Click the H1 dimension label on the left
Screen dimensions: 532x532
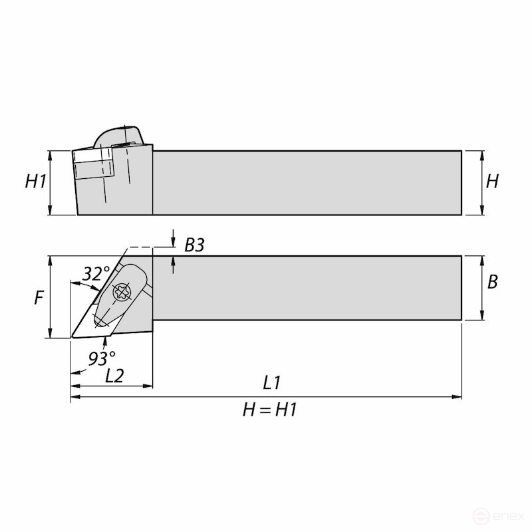coord(35,182)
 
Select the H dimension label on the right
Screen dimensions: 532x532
coord(492,182)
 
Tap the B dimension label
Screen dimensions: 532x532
coord(492,282)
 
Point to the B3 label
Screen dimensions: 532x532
coord(194,245)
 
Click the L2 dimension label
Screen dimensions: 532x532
coord(115,376)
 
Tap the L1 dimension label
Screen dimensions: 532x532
coord(272,383)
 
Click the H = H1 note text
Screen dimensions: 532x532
coord(270,410)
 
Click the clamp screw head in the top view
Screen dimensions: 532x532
coord(122,291)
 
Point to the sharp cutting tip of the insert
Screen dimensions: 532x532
coord(72,337)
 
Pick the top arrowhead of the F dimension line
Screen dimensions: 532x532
coord(50,260)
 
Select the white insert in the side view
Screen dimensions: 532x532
coord(92,164)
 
